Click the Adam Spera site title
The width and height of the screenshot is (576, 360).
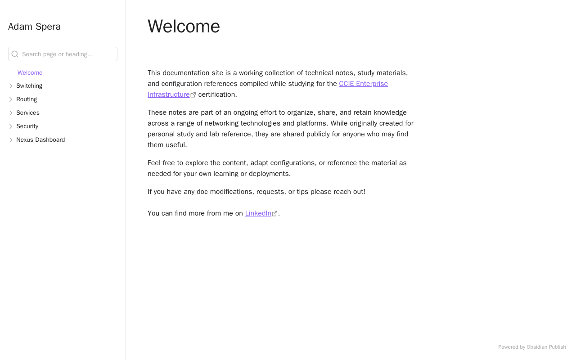[34, 27]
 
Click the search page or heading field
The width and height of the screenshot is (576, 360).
[67, 54]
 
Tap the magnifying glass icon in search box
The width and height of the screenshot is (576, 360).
[15, 54]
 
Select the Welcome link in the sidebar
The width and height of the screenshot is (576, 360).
[30, 73]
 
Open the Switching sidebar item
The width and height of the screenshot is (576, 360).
[29, 86]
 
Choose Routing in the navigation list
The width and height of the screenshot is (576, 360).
[27, 99]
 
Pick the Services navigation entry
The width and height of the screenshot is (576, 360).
[28, 113]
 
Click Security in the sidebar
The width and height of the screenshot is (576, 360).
[27, 126]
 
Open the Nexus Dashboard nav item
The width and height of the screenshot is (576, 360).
[40, 140]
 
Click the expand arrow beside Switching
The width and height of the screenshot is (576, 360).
[11, 86]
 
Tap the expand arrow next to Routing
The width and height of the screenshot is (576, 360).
[11, 99]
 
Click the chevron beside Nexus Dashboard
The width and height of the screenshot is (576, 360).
[11, 140]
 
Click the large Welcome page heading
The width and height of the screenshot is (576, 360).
[184, 26]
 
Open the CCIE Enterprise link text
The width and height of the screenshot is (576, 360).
[363, 84]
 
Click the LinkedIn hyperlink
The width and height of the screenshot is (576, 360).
[258, 213]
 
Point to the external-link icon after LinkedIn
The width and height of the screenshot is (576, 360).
[275, 214]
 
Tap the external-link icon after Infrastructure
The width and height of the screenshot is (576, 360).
[193, 95]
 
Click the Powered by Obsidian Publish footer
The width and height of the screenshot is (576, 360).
[532, 347]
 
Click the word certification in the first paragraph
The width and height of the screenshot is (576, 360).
[217, 94]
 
